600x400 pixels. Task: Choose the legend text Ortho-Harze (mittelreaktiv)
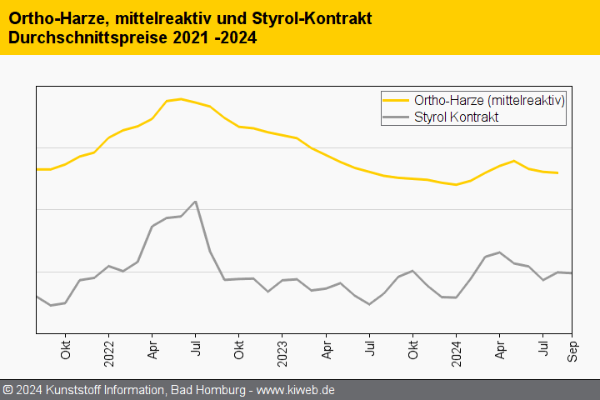[x=489, y=100]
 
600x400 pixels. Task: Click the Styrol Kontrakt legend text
[x=456, y=117]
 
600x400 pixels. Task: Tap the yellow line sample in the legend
[x=396, y=100]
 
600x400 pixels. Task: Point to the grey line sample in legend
[x=396, y=117]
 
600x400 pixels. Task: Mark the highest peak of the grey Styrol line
[x=195, y=202]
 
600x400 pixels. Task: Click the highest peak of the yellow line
[x=181, y=99]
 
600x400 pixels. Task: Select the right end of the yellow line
[x=557, y=173]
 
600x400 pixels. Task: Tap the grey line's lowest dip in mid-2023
[x=369, y=304]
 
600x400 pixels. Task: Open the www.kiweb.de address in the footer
[x=295, y=390]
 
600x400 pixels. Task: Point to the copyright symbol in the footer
[x=7, y=390]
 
